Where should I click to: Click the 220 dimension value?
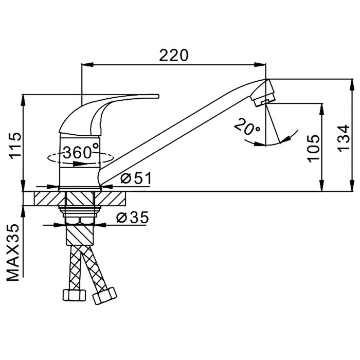[174, 55]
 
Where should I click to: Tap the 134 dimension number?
[344, 138]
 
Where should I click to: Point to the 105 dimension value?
[314, 149]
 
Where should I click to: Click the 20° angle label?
[247, 127]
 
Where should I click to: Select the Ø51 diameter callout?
[136, 178]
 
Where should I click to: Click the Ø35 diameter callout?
[133, 217]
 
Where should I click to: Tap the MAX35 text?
[13, 253]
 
